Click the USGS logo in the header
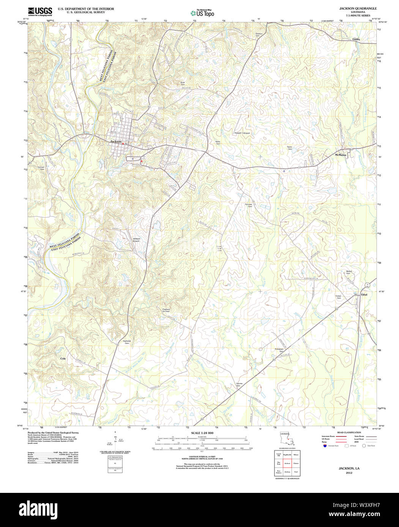40,11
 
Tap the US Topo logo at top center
202,13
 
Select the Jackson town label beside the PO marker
116,141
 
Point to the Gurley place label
356,39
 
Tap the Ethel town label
364,295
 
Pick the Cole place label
63,358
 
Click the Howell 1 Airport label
242,133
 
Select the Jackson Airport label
136,240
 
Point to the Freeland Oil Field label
166,310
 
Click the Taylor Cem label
290,148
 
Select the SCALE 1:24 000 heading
202,433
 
